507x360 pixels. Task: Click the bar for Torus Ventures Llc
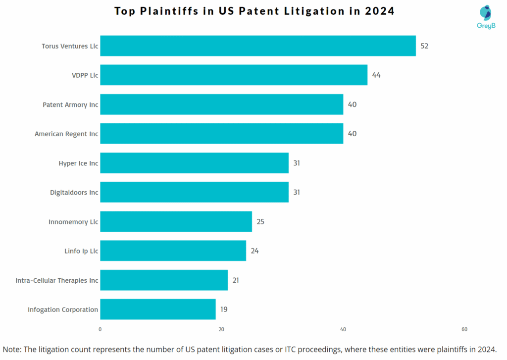pos(257,46)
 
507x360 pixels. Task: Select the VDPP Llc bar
pos(234,75)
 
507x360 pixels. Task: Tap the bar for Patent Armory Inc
pos(221,104)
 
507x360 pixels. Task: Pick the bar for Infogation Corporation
pos(158,309)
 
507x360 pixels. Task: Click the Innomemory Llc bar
pos(176,221)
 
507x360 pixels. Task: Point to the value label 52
pos(424,46)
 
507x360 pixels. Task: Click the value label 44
pos(376,75)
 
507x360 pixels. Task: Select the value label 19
pos(224,309)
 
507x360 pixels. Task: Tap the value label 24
pos(254,251)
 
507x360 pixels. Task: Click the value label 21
pos(236,280)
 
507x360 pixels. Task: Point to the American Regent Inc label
pos(66,134)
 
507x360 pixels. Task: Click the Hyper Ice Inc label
pos(78,163)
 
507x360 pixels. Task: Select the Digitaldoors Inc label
pos(74,192)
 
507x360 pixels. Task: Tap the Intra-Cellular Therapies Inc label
pos(57,280)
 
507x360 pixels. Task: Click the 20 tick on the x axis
pos(221,329)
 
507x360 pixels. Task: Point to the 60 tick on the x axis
pos(464,329)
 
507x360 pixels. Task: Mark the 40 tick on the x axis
pos(343,329)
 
